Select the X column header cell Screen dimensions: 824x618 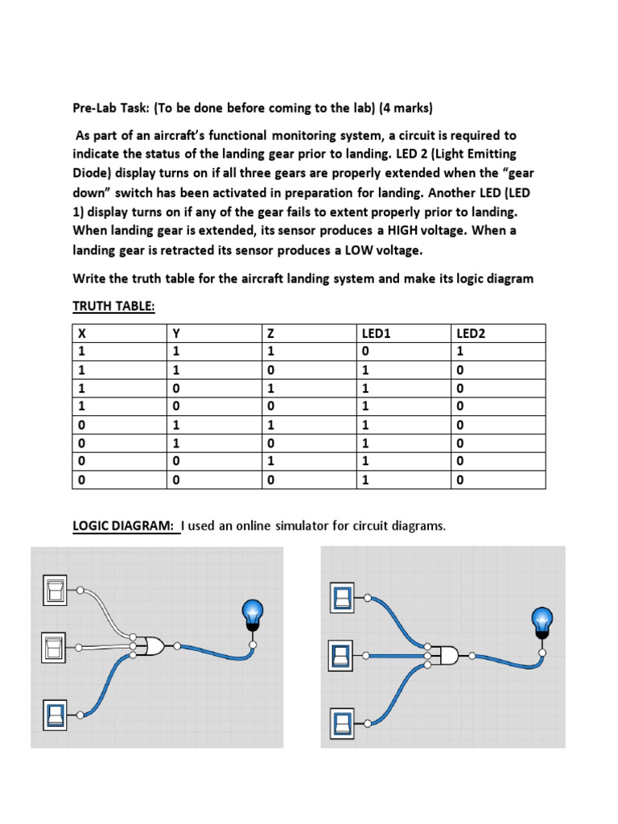[x=81, y=332]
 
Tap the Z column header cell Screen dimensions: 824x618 [x=271, y=332]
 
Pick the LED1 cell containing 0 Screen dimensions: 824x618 [x=366, y=352]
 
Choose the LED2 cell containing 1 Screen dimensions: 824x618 [x=460, y=352]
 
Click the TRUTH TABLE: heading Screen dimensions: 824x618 [x=113, y=307]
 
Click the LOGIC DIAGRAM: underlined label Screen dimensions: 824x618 [x=125, y=526]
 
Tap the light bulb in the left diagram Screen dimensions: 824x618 [x=253, y=615]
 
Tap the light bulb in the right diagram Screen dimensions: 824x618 [x=542, y=623]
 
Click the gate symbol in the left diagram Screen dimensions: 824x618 [x=152, y=645]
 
